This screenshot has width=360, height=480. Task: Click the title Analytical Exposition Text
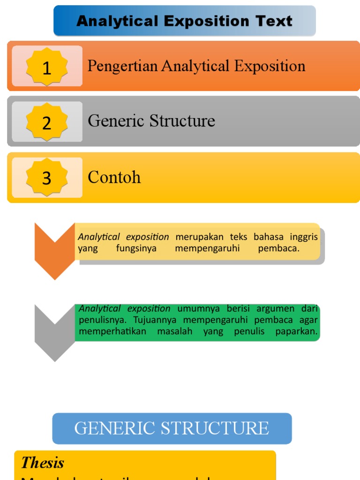184,21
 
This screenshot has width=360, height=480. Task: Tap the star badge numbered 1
47,67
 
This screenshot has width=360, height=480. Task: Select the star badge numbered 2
47,122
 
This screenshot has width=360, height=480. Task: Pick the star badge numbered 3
47,178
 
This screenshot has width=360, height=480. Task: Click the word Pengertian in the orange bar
123,66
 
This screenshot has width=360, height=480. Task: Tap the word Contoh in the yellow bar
114,177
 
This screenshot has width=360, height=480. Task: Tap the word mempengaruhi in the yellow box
207,248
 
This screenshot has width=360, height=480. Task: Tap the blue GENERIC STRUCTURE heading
172,428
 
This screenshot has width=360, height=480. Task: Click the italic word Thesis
43,463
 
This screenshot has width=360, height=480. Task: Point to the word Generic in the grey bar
116,121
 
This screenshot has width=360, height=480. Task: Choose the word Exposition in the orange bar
270,66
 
